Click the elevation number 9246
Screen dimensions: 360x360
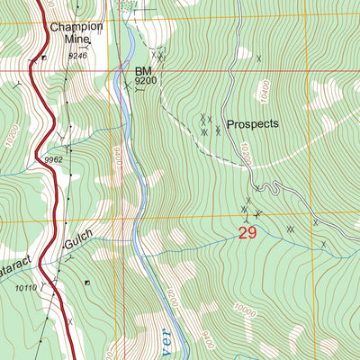point(78,56)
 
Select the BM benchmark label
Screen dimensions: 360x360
point(144,70)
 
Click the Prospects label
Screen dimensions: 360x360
point(253,124)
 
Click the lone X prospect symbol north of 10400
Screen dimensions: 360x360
point(259,58)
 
